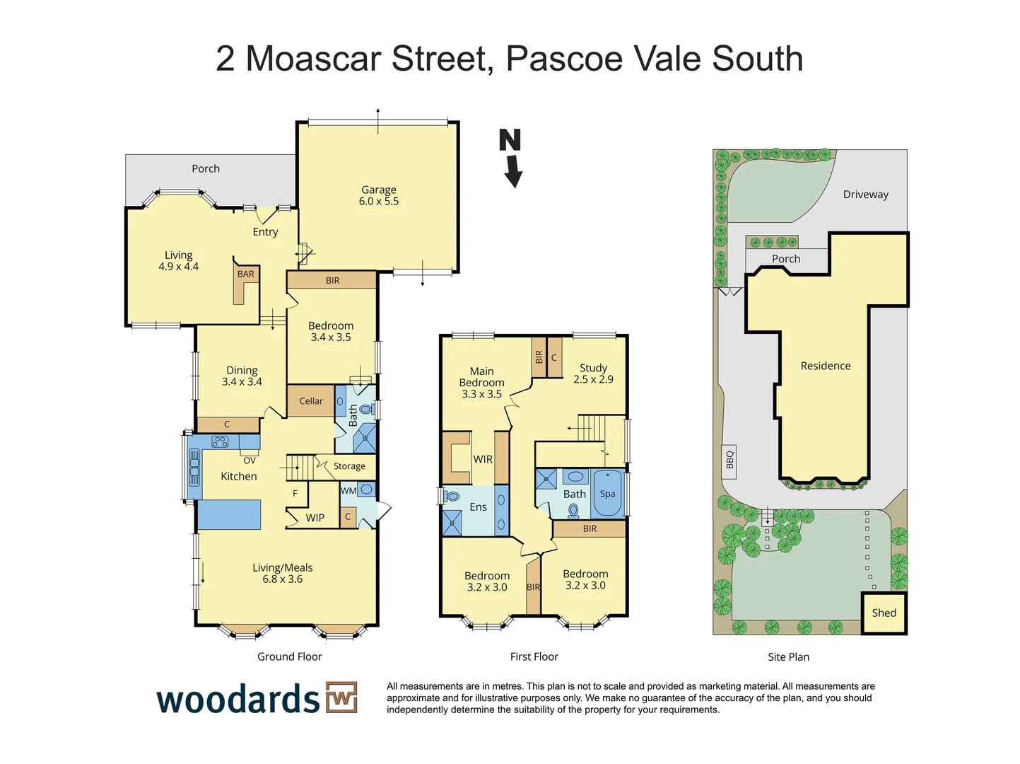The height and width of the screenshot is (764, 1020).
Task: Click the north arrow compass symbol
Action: pyautogui.click(x=511, y=157)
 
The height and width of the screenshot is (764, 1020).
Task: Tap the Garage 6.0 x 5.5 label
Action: pyautogui.click(x=379, y=195)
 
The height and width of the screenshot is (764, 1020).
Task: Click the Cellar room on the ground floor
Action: pyautogui.click(x=311, y=401)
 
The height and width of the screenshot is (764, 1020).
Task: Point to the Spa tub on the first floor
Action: pyautogui.click(x=607, y=494)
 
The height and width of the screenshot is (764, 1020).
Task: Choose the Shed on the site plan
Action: pyautogui.click(x=884, y=613)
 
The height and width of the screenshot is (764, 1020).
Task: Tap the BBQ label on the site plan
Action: pyautogui.click(x=729, y=460)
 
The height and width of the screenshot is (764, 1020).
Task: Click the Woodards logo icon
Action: pyautogui.click(x=341, y=698)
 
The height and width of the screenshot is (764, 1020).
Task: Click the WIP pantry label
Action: pyautogui.click(x=315, y=518)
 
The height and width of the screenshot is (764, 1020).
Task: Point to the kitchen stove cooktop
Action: pyautogui.click(x=221, y=441)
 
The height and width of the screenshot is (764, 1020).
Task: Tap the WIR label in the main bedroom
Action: pyautogui.click(x=483, y=459)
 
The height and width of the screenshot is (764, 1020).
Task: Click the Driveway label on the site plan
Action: pyautogui.click(x=865, y=195)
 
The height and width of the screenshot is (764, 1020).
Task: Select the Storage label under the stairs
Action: pyautogui.click(x=349, y=466)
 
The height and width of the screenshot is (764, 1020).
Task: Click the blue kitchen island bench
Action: pyautogui.click(x=229, y=515)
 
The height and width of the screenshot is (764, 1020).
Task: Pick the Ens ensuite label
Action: pyautogui.click(x=478, y=507)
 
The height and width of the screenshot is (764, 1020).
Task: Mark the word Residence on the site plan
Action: pyautogui.click(x=825, y=366)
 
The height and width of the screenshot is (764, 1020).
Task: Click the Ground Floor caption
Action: pyautogui.click(x=289, y=656)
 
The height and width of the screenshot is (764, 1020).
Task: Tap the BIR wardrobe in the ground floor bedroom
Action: pyautogui.click(x=332, y=281)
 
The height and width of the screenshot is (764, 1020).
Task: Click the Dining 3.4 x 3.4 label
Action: pyautogui.click(x=242, y=376)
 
